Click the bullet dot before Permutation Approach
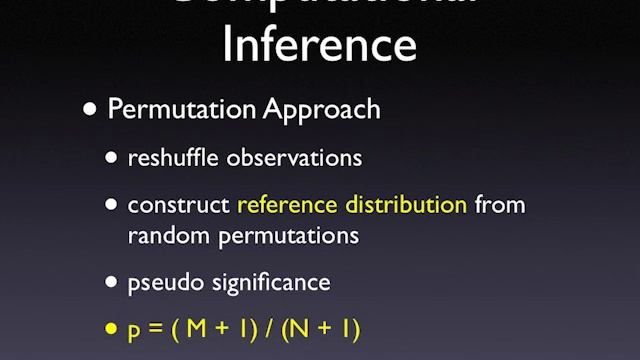pyautogui.click(x=91, y=109)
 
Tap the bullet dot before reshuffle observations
pyautogui.click(x=113, y=158)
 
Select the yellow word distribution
pyautogui.click(x=405, y=205)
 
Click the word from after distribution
pyautogui.click(x=500, y=205)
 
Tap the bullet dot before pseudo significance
pyautogui.click(x=113, y=283)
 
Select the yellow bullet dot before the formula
pyautogui.click(x=113, y=329)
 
